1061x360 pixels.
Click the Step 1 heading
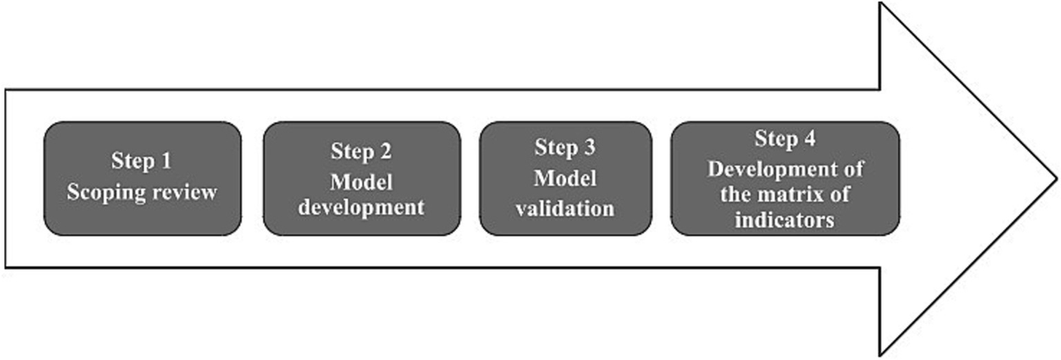141,161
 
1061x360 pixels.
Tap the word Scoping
107,193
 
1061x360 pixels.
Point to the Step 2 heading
361,152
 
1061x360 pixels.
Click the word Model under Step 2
362,182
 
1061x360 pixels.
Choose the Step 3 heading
565,148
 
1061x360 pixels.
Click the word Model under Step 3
565,179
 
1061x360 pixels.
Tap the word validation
565,209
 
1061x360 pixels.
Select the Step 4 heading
785,139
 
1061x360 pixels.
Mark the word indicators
784,220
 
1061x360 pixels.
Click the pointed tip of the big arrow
1056,179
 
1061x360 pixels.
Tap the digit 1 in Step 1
166,161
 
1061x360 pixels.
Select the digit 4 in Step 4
810,139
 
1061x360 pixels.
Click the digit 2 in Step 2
385,151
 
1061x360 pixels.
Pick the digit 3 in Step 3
590,148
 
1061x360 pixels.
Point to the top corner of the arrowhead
880,4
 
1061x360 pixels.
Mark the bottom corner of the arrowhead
880,355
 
